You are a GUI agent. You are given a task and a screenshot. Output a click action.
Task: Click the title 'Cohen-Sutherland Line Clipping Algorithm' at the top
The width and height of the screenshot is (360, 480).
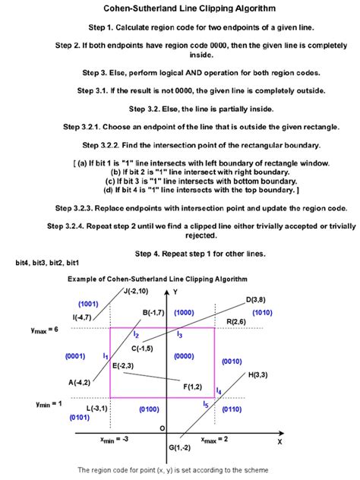click(179, 9)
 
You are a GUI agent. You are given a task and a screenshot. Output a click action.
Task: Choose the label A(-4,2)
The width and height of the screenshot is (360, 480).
click(80, 382)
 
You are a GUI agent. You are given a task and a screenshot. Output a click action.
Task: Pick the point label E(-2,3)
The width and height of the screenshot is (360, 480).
click(124, 366)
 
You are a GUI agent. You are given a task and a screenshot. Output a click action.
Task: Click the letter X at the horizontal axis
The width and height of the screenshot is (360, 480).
click(279, 441)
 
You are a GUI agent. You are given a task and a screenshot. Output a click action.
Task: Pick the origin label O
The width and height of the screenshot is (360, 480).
click(161, 428)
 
